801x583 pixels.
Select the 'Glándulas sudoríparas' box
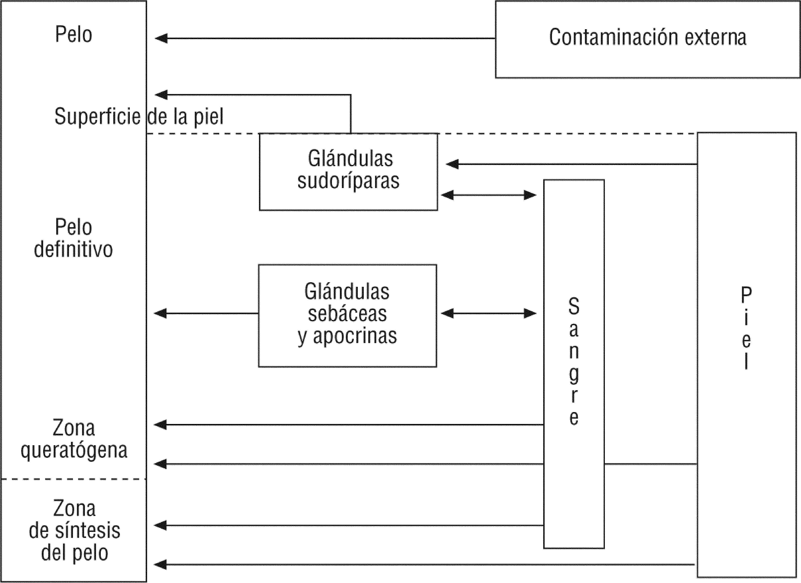(x=348, y=172)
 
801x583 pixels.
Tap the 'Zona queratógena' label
(x=74, y=439)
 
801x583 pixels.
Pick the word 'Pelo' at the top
(x=74, y=35)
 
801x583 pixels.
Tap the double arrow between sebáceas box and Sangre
(x=489, y=313)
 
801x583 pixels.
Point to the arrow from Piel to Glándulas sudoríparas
(x=572, y=164)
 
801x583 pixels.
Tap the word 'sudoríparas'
(x=348, y=181)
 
